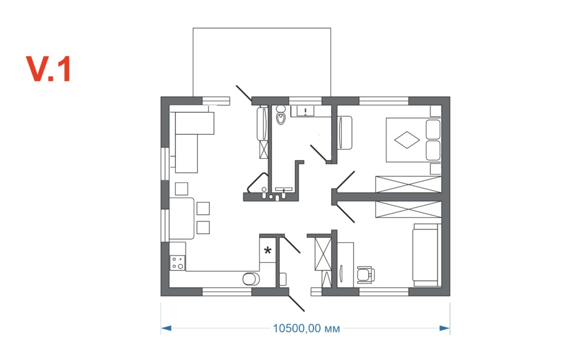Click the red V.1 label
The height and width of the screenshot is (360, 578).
tap(48, 69)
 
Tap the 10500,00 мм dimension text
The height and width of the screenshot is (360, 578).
tap(306, 328)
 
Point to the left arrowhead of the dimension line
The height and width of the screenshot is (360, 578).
tap(166, 328)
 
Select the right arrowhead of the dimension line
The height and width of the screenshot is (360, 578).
tap(444, 328)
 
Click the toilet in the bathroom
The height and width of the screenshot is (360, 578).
tap(281, 115)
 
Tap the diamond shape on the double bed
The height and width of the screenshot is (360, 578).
tap(407, 140)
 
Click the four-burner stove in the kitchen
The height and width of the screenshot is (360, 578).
tap(177, 263)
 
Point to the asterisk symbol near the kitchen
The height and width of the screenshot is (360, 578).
tap(268, 251)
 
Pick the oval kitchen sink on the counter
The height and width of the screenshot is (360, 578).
tap(251, 279)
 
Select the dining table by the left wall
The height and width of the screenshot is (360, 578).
tap(181, 218)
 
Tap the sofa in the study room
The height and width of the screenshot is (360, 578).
tap(427, 255)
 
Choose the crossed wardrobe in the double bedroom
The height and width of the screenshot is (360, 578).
tap(408, 184)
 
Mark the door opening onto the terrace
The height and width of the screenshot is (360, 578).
tap(244, 94)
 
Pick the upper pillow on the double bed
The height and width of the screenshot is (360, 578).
tap(433, 129)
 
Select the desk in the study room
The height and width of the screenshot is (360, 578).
tap(346, 265)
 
